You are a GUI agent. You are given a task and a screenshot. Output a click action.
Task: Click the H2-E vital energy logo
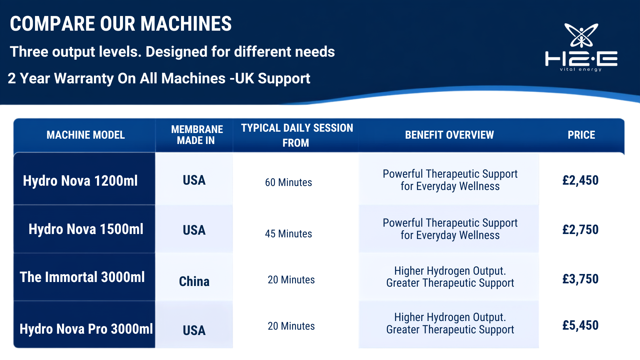(x=581, y=47)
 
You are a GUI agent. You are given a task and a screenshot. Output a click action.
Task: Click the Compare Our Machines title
(x=121, y=24)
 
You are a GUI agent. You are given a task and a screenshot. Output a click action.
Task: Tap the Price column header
(x=581, y=135)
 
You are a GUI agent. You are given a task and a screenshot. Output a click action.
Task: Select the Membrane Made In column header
(x=197, y=135)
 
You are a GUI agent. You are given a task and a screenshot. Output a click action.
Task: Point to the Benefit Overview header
(x=449, y=135)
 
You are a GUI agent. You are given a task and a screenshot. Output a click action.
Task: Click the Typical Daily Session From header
(x=297, y=135)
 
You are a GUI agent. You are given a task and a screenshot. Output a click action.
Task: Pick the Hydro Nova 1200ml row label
(x=80, y=181)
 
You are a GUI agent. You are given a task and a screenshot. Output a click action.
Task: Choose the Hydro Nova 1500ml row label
(x=86, y=229)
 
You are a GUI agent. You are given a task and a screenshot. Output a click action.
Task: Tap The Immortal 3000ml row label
(x=82, y=277)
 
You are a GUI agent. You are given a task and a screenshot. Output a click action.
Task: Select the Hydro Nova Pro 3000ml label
(x=86, y=329)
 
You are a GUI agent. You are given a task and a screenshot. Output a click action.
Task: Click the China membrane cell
(x=194, y=282)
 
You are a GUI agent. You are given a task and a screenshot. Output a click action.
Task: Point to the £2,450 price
(x=580, y=180)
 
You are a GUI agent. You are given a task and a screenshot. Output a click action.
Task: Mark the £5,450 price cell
(x=580, y=325)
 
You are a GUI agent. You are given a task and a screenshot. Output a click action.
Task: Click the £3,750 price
(x=580, y=279)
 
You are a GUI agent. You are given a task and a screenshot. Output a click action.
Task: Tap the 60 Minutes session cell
(x=289, y=183)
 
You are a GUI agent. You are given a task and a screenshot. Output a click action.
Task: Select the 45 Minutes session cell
(x=289, y=234)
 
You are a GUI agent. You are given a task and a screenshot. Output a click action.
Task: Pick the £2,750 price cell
(x=580, y=230)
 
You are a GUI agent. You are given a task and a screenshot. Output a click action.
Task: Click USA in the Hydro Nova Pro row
(x=194, y=331)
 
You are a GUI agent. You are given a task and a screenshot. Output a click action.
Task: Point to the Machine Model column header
(x=86, y=135)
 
